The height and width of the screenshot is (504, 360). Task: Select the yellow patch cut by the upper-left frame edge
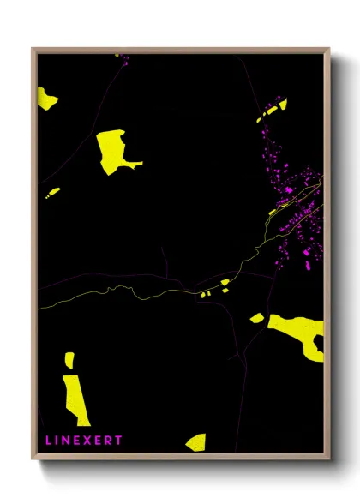(x=46, y=98)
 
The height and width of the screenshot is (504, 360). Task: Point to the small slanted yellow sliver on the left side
(x=53, y=192)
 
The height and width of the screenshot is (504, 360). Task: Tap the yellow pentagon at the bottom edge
(x=196, y=442)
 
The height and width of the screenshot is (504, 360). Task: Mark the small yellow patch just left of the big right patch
(x=257, y=318)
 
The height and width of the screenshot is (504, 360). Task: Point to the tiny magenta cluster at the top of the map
(x=123, y=59)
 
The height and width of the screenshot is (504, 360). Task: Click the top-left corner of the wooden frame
(x=33, y=49)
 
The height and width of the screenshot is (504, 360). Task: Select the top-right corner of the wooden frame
(x=330, y=49)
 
